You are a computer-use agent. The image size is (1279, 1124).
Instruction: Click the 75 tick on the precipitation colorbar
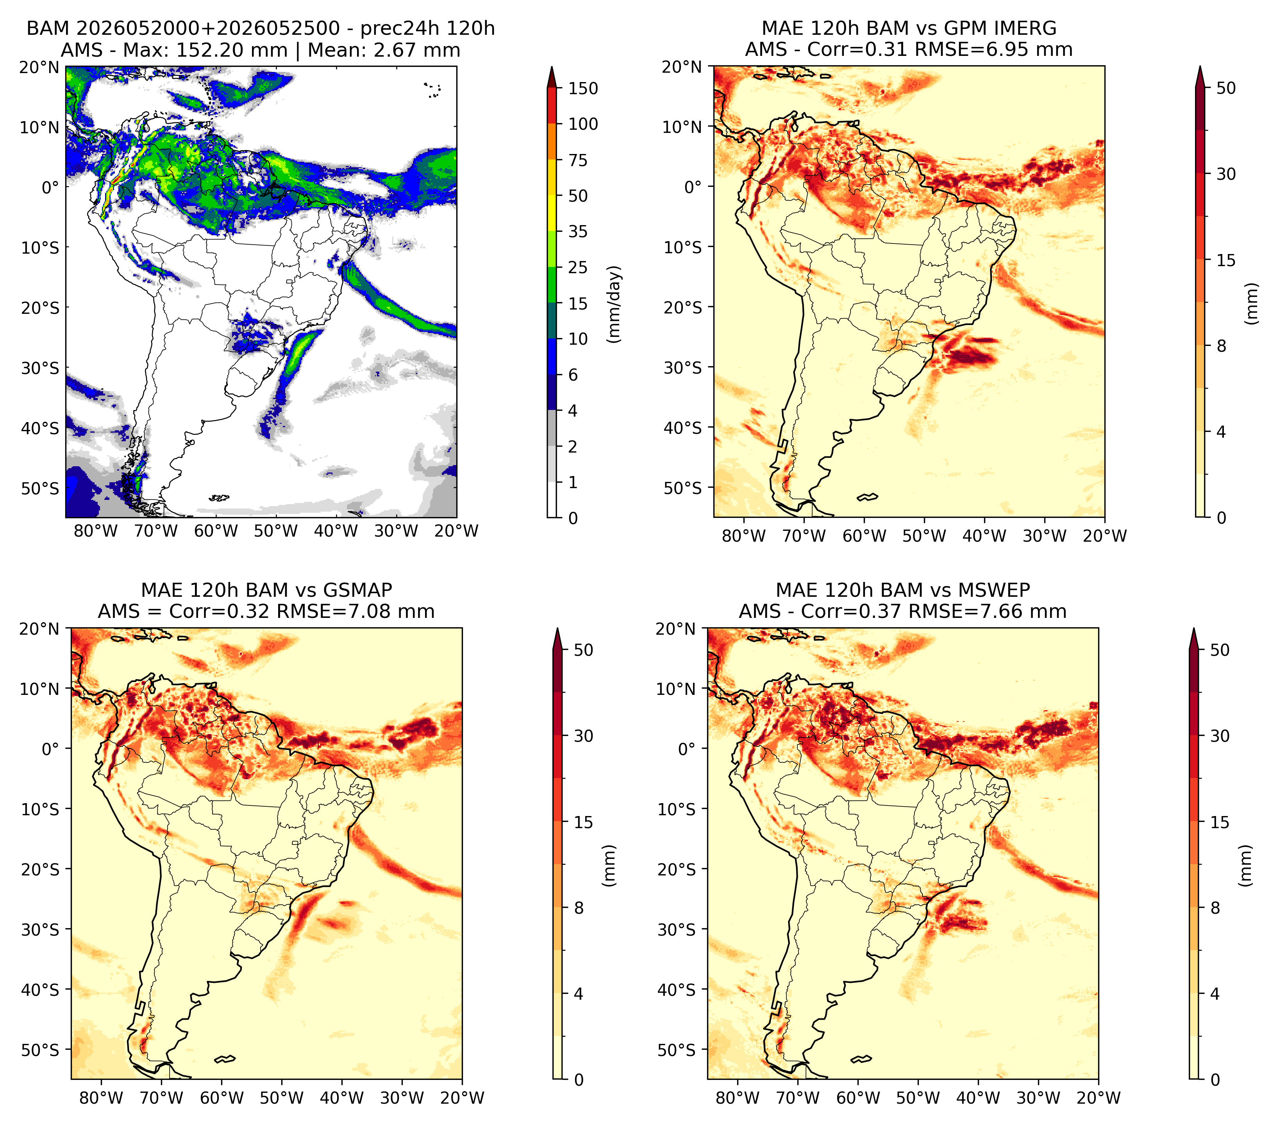tap(578, 160)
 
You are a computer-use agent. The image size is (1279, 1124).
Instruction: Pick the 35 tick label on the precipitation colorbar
tap(578, 231)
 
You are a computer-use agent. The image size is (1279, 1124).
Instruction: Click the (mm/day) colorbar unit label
tap(615, 304)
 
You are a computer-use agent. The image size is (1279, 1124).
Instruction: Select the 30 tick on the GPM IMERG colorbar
tap(1226, 174)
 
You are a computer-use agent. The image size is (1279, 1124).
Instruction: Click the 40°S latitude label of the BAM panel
tap(40, 429)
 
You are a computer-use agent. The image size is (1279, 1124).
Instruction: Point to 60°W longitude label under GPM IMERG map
tap(864, 536)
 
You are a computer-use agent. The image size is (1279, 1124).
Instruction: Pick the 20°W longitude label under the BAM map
tap(457, 531)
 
